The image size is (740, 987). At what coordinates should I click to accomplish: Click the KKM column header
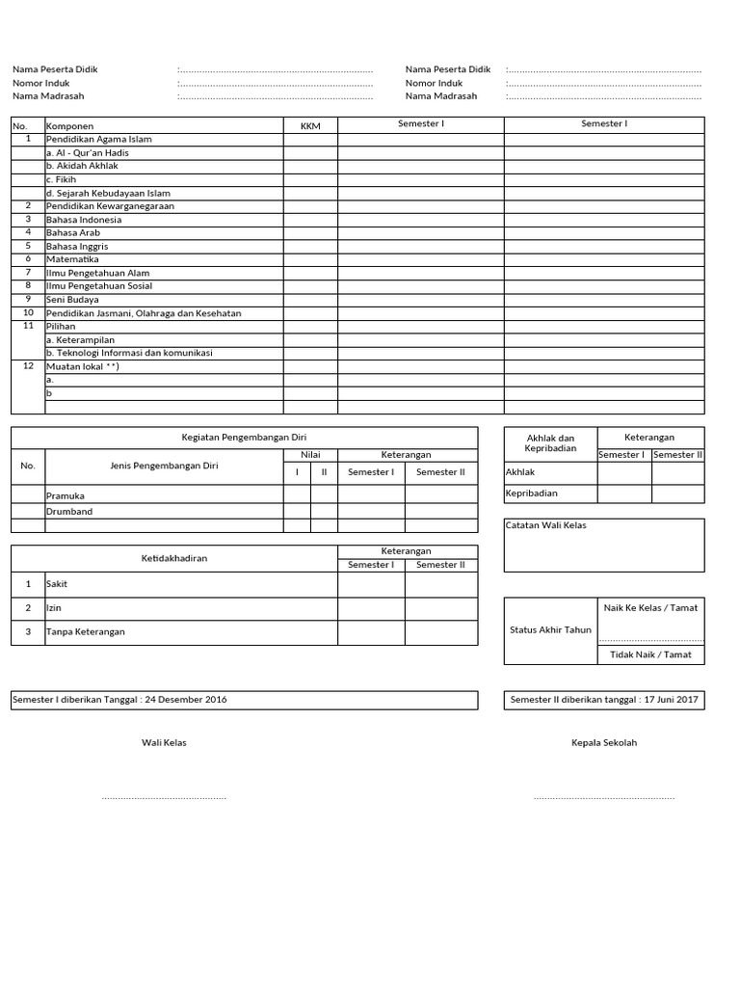(310, 126)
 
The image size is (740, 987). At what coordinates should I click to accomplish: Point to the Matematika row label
(72, 259)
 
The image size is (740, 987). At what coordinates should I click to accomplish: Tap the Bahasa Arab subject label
(73, 232)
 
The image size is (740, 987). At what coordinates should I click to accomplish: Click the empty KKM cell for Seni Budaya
(310, 300)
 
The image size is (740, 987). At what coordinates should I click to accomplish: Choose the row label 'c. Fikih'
(61, 179)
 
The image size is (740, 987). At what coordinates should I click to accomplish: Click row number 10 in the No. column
(28, 312)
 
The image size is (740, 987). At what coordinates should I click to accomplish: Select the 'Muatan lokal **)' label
(83, 366)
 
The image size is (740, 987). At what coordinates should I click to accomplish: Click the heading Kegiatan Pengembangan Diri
(244, 438)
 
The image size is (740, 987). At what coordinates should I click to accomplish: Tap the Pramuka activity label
(66, 495)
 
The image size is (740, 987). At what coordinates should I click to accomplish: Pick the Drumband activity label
(69, 512)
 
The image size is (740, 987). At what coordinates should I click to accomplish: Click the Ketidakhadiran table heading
(174, 557)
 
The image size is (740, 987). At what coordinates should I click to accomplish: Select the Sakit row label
(57, 584)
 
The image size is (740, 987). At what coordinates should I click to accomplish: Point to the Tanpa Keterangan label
(86, 632)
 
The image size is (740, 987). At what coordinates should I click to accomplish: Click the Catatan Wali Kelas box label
(545, 525)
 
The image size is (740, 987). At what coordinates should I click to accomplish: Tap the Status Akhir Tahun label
(550, 630)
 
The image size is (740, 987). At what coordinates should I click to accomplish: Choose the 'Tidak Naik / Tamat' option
(650, 654)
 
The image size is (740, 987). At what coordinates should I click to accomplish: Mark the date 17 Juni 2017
(671, 700)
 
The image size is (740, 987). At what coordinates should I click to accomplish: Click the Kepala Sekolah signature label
(604, 743)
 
